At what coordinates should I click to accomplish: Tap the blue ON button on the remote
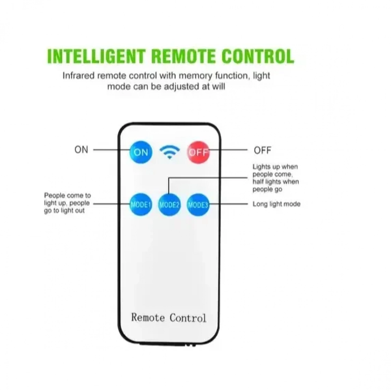[x=141, y=152]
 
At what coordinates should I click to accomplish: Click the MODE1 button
[x=141, y=205]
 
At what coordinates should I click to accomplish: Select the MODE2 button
[x=169, y=205]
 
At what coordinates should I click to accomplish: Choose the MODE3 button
[x=198, y=205]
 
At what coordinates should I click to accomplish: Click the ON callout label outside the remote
[x=81, y=150]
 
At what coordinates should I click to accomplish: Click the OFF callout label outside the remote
[x=262, y=150]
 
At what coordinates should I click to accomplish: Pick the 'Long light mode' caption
[x=276, y=204]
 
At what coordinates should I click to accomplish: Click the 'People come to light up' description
[x=67, y=203]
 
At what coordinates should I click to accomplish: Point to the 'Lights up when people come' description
[x=276, y=178]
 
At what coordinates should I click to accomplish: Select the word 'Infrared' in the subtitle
[x=79, y=76]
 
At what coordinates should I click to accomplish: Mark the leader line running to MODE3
[x=228, y=204]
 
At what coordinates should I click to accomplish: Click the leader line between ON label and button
[x=111, y=150]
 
